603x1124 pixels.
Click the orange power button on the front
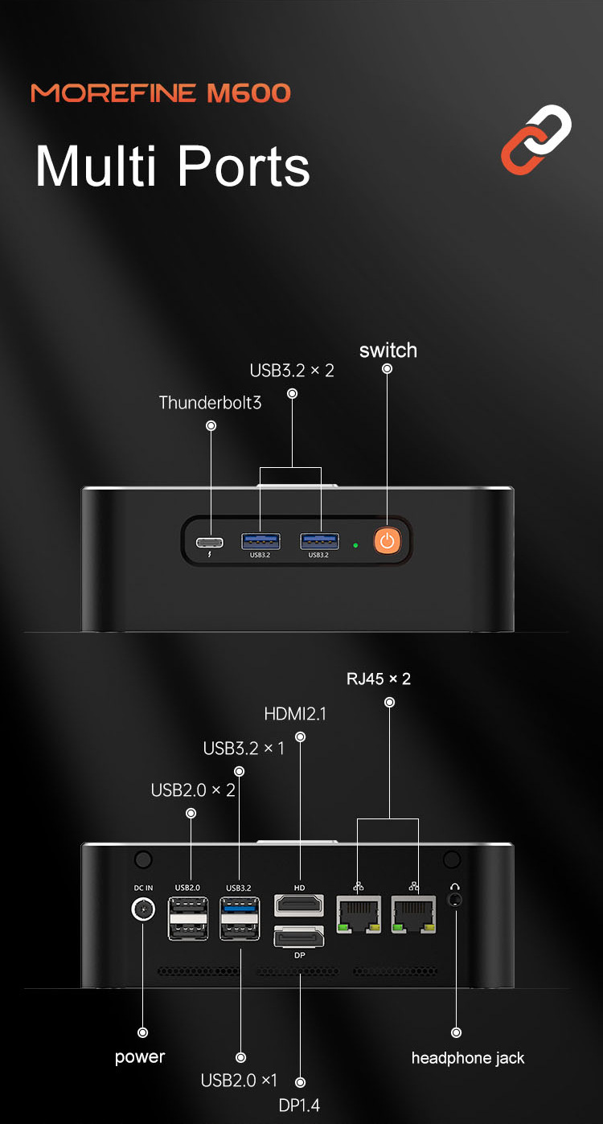388,540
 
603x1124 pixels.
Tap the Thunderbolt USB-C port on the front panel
211,540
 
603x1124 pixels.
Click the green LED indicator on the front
355,545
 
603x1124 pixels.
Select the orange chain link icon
536,139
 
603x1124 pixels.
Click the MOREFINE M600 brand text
161,93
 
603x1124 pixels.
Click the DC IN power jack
143,910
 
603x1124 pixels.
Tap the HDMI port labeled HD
299,905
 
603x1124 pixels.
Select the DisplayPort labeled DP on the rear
299,937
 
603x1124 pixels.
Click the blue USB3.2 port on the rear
240,909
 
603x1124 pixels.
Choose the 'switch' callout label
388,351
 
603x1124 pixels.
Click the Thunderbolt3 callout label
211,403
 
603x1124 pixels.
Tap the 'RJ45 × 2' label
379,679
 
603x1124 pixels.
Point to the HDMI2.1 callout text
295,713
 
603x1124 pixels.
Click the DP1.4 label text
299,1106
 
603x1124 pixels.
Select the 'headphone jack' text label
468,1058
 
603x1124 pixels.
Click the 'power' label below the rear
140,1056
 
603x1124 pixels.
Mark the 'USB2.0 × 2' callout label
193,790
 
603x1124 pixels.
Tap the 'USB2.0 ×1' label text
239,1081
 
